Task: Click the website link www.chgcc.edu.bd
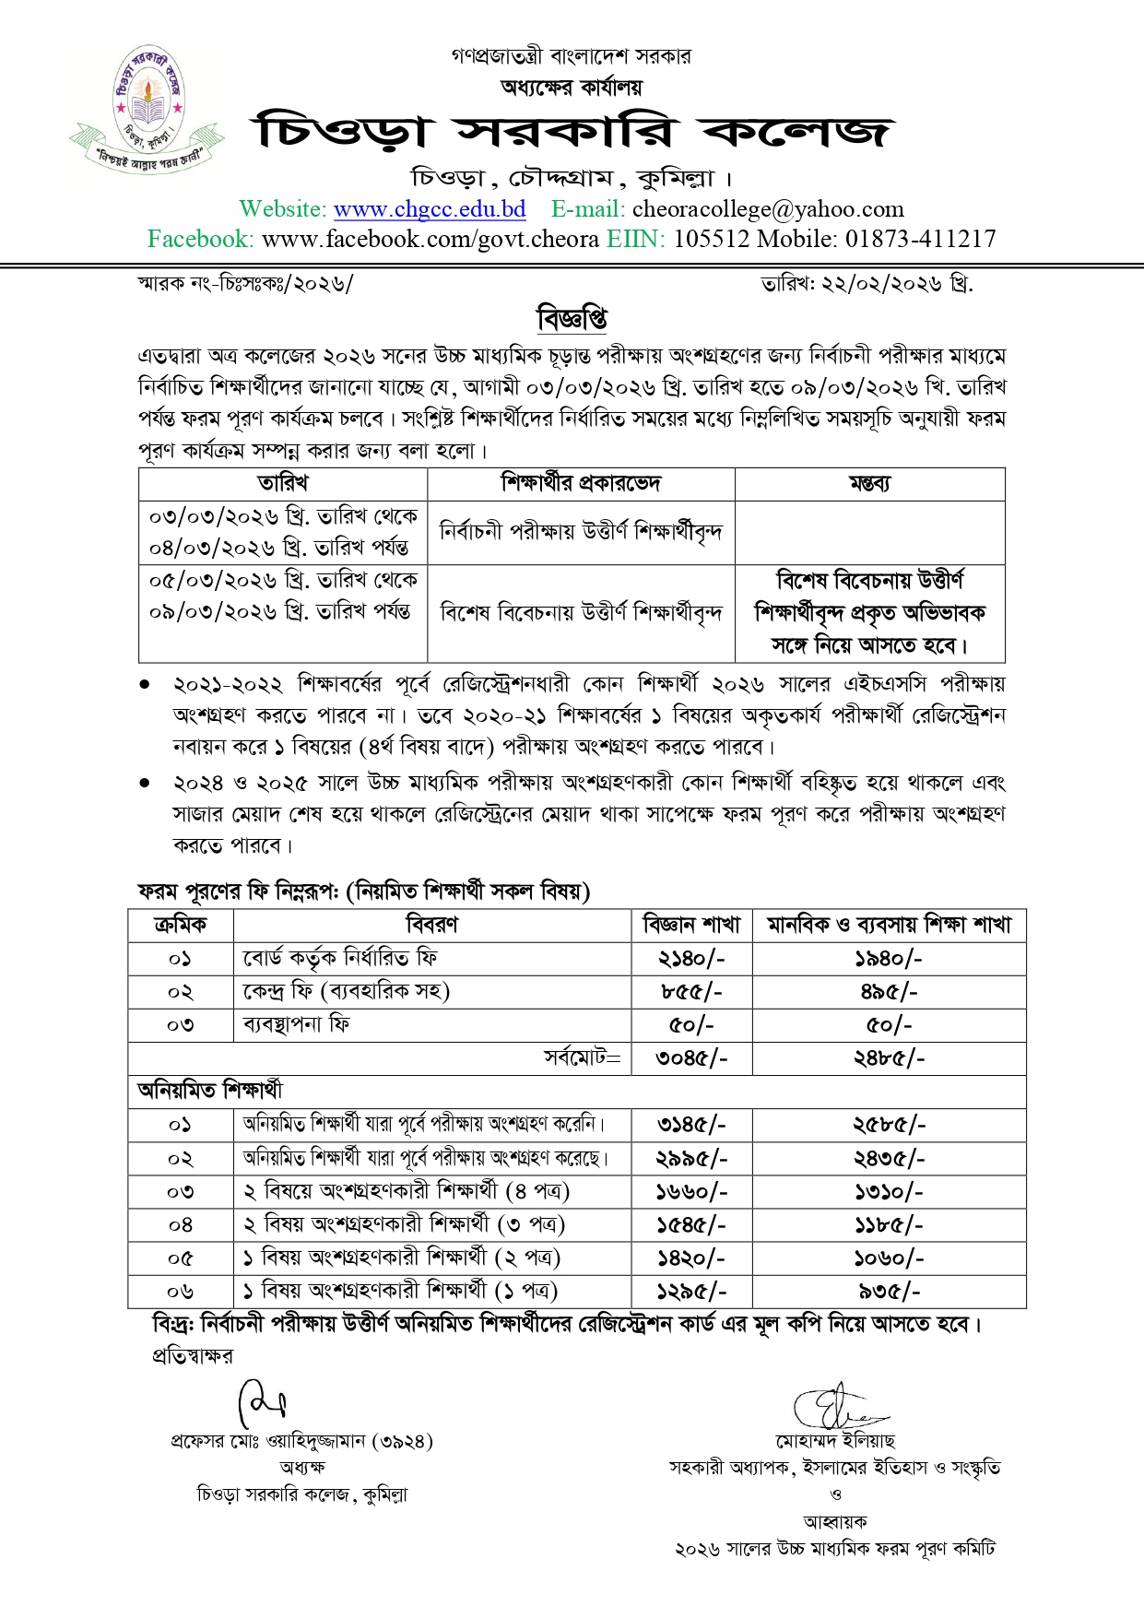click(x=430, y=210)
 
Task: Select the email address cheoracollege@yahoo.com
click(x=768, y=210)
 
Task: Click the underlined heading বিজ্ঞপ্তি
click(x=572, y=319)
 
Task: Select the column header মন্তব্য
click(x=869, y=484)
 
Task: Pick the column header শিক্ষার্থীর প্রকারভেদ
click(x=581, y=484)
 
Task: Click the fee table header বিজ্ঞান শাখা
click(x=692, y=925)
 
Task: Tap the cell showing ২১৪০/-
click(x=692, y=959)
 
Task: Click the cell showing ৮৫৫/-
click(x=692, y=992)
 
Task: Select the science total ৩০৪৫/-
click(x=692, y=1058)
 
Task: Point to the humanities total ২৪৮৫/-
click(x=889, y=1058)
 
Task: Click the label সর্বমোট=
click(x=583, y=1058)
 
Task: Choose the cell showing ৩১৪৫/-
click(x=692, y=1125)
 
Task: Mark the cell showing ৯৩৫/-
click(x=889, y=1292)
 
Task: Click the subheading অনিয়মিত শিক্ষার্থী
click(x=210, y=1092)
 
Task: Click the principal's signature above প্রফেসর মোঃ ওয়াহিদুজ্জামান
click(x=262, y=1404)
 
